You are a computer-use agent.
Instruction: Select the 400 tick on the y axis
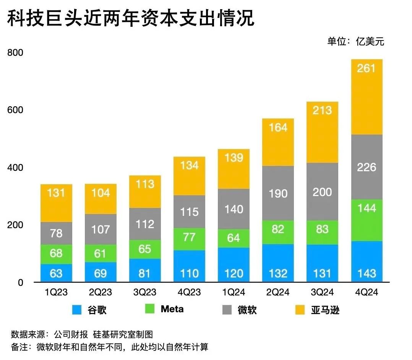(x=15, y=167)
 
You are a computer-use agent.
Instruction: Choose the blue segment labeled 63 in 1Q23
(x=56, y=273)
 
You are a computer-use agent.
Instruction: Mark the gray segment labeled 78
(x=56, y=233)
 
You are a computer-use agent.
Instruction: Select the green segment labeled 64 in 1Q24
(x=234, y=238)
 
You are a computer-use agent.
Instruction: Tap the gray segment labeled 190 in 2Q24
(x=278, y=193)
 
